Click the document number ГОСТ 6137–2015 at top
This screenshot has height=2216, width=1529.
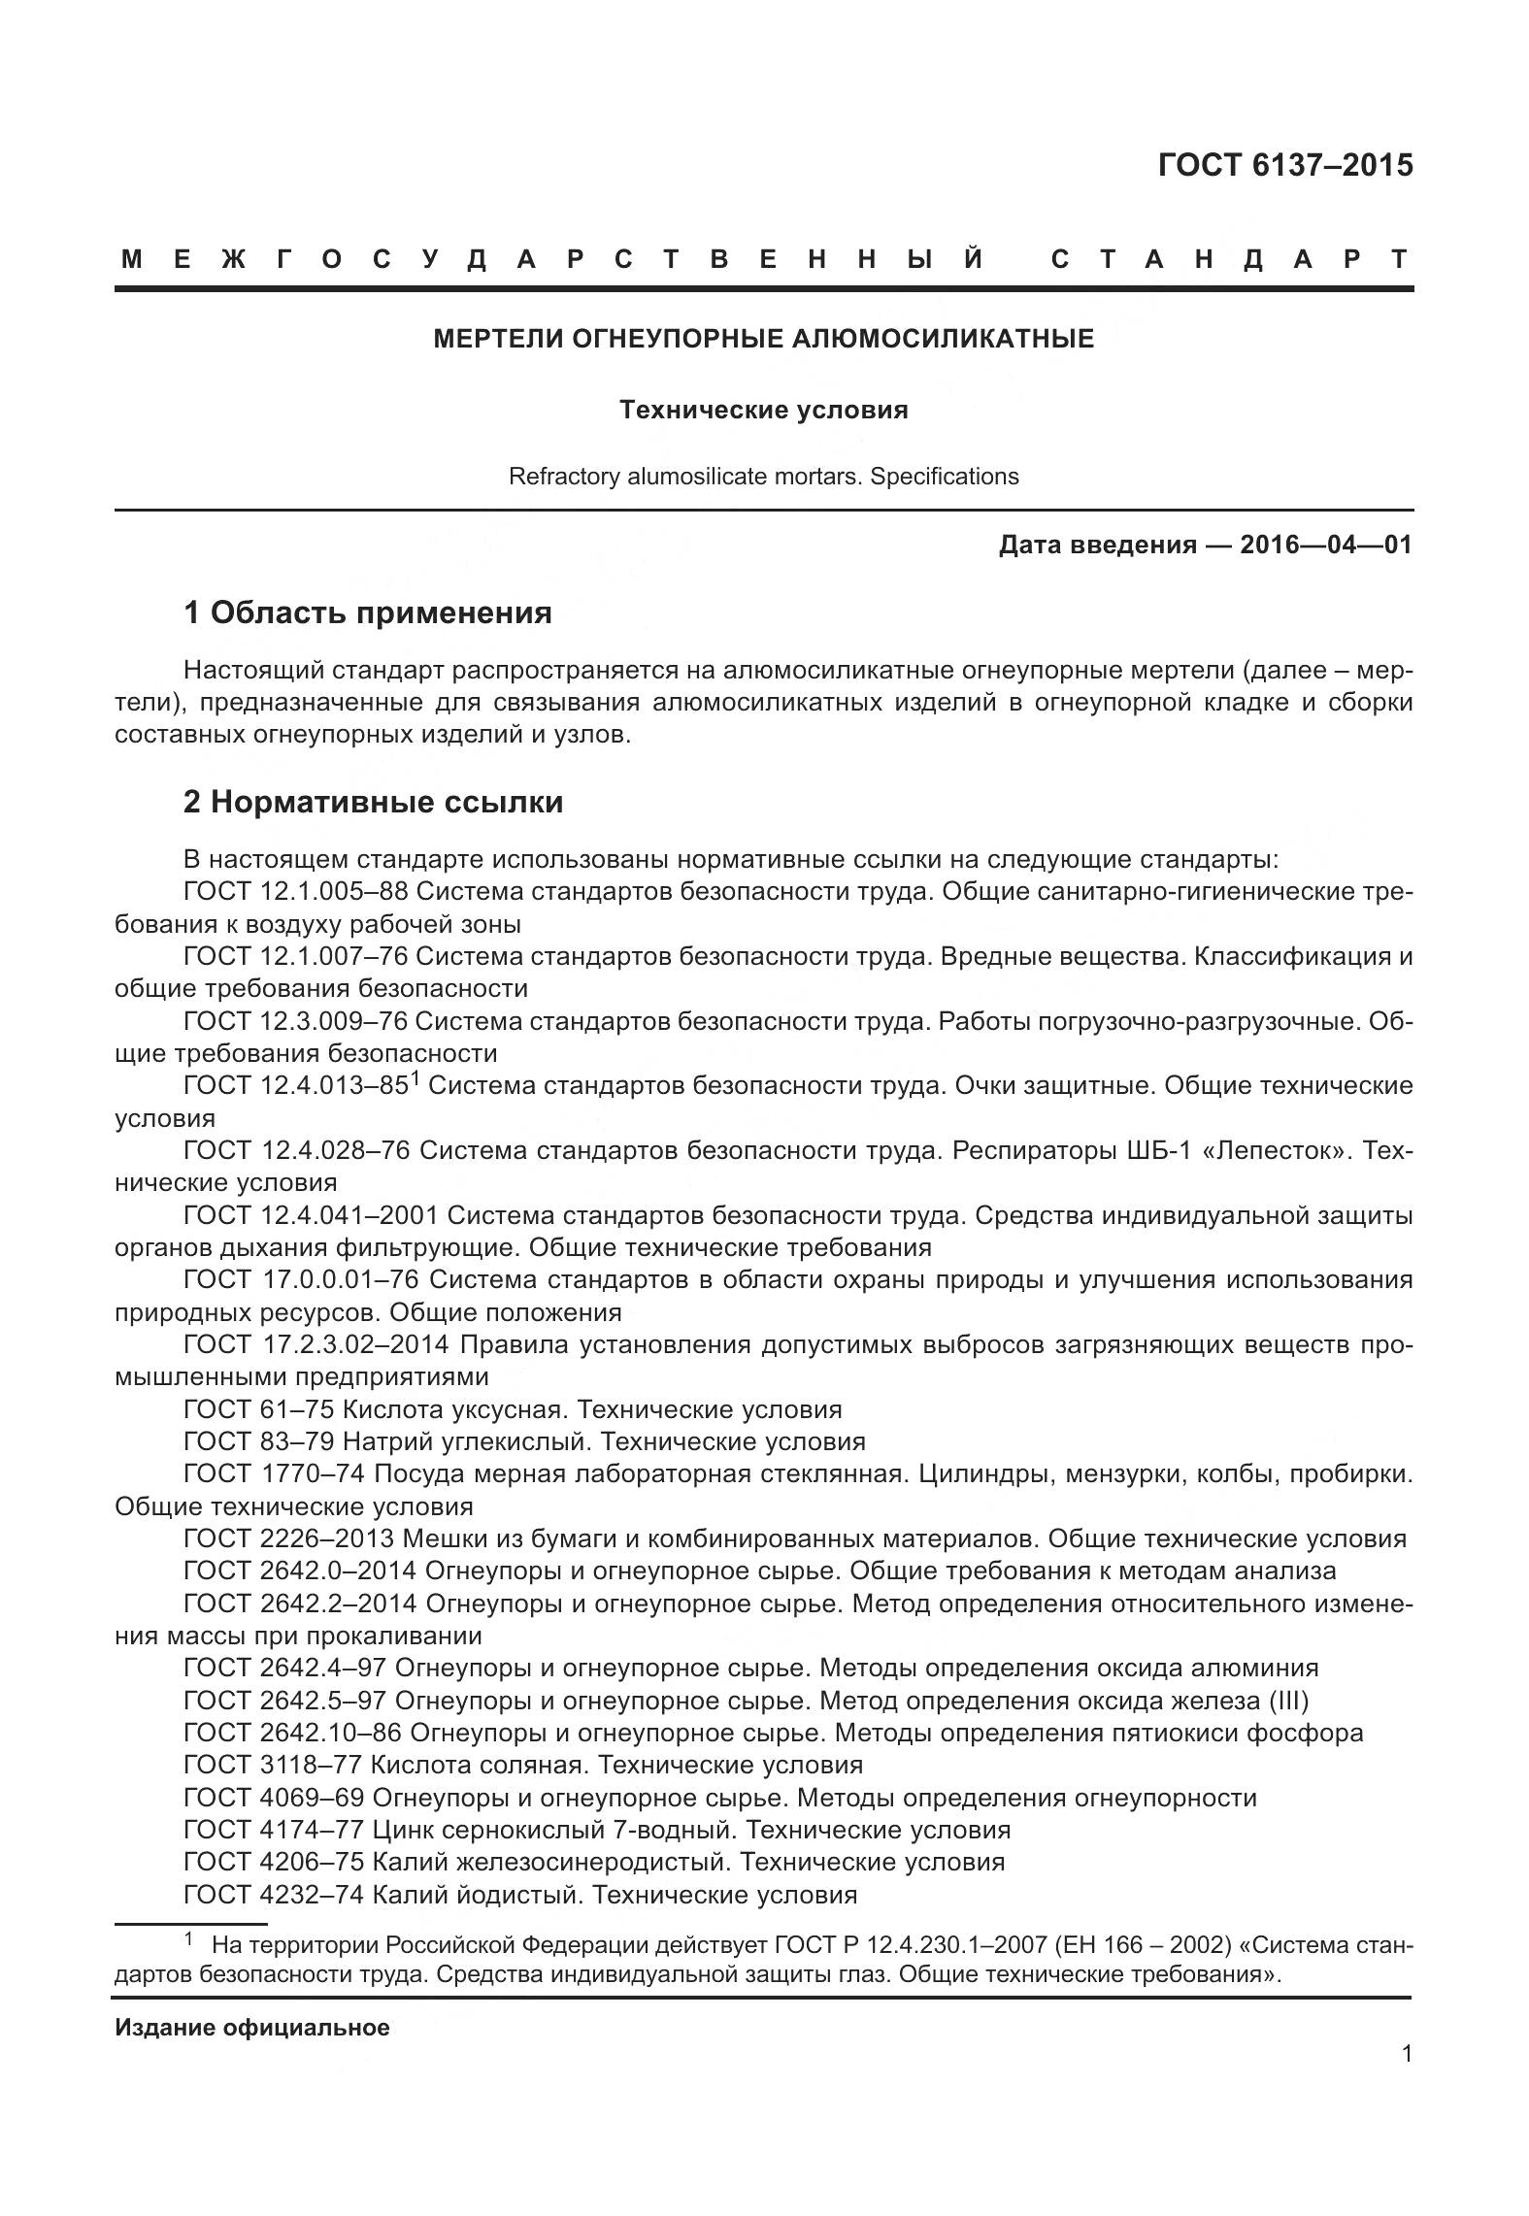1285,166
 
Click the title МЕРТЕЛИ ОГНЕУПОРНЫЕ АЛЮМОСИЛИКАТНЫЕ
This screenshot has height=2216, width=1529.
763,339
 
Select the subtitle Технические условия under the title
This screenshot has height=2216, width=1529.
763,410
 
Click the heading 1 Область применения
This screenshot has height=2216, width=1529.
368,612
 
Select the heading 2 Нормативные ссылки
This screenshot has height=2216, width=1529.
373,802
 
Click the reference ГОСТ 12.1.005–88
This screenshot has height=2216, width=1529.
295,891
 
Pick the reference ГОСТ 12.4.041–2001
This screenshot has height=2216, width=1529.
311,1215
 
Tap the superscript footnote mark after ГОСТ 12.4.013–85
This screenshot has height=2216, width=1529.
414,1078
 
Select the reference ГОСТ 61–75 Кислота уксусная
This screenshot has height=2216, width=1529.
512,1408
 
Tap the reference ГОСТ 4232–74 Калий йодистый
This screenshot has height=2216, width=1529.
519,1894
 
